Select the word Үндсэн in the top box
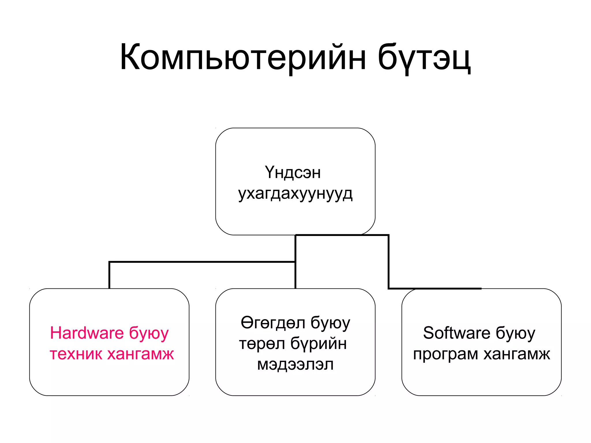point(293,172)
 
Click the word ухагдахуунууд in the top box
point(295,194)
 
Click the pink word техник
point(76,354)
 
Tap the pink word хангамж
point(141,354)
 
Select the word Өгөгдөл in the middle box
point(273,323)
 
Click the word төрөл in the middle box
point(262,343)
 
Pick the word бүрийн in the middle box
point(319,343)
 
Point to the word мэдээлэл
point(295,365)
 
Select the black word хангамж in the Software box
point(517,354)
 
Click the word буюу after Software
point(515,333)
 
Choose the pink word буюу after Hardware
point(149,333)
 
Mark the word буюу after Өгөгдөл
point(330,323)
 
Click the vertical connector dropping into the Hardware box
point(109,275)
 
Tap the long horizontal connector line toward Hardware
point(202,262)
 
